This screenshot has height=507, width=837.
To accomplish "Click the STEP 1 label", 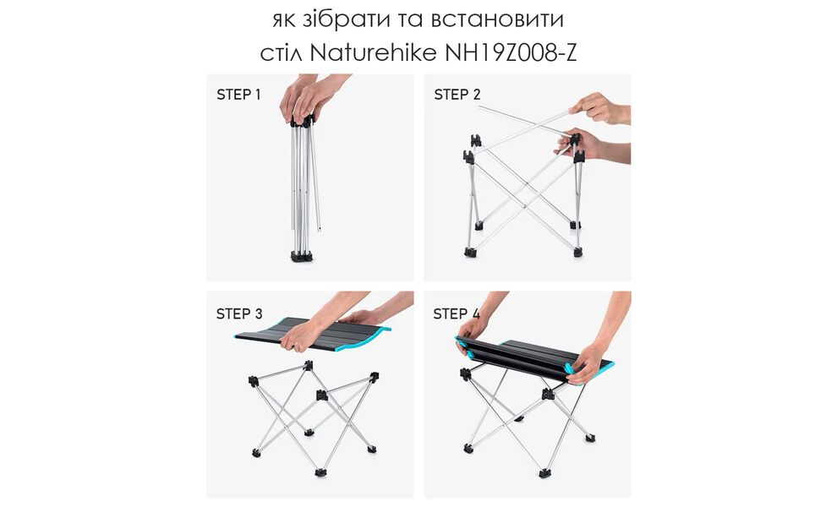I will point(239,95).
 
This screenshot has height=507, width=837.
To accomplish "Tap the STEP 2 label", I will point(457,95).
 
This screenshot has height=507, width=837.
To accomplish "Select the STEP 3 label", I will point(239,313).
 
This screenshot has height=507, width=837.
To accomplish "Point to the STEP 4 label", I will point(457,313).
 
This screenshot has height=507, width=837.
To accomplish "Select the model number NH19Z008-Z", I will point(511,54).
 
